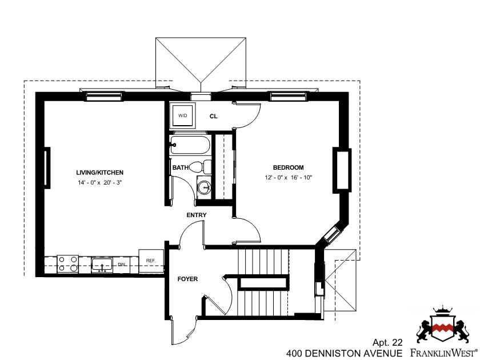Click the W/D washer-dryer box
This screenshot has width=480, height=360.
pyautogui.click(x=183, y=115)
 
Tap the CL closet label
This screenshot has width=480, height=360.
pyautogui.click(x=213, y=117)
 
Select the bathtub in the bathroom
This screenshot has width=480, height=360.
pyautogui.click(x=190, y=145)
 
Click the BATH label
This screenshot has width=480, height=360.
pyautogui.click(x=181, y=167)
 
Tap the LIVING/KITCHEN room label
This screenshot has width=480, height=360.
pyautogui.click(x=100, y=173)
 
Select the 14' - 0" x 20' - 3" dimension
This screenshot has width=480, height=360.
pyautogui.click(x=100, y=183)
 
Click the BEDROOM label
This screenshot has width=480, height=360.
pyautogui.click(x=289, y=167)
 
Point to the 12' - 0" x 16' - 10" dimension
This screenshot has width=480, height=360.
pyautogui.click(x=289, y=178)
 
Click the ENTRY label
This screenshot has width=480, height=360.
pyautogui.click(x=197, y=215)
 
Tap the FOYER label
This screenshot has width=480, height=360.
pyautogui.click(x=187, y=279)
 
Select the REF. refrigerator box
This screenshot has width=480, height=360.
pyautogui.click(x=151, y=261)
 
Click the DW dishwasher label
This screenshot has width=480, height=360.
pyautogui.click(x=122, y=265)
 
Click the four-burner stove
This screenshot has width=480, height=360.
pyautogui.click(x=68, y=264)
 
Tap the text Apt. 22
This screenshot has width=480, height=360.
pyautogui.click(x=387, y=342)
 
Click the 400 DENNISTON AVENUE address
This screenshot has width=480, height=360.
pyautogui.click(x=345, y=353)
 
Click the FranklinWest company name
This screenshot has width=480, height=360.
pyautogui.click(x=443, y=352)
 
